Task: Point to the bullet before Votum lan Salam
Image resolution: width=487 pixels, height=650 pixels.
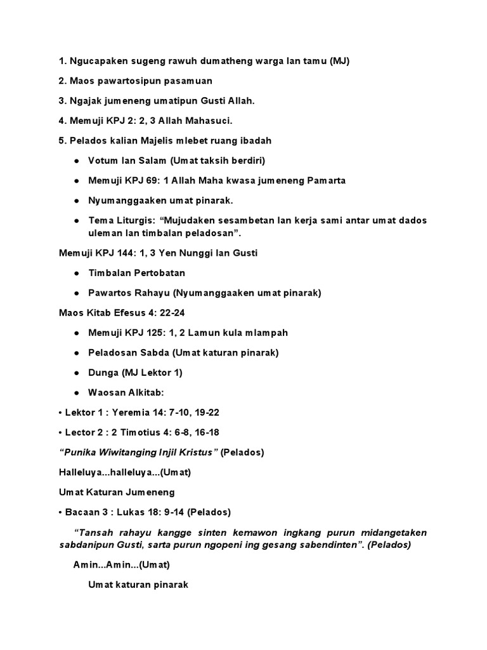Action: click(x=76, y=161)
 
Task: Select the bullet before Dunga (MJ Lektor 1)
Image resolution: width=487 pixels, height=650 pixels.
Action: click(x=76, y=372)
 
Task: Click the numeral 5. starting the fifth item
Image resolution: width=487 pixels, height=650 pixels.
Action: click(x=62, y=140)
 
